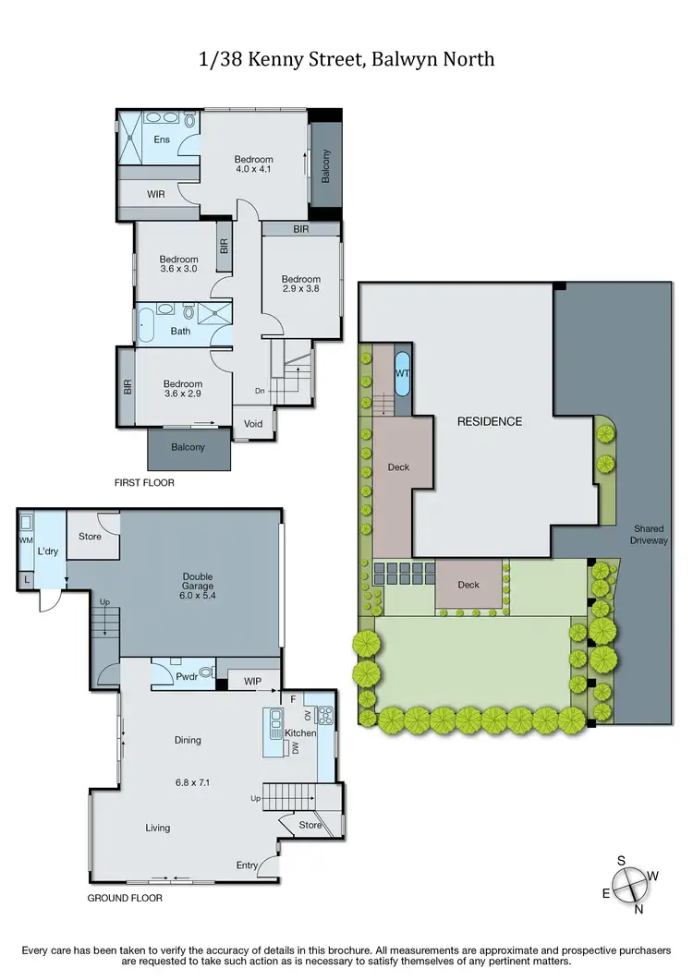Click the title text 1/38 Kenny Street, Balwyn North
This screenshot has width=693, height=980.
pyautogui.click(x=346, y=60)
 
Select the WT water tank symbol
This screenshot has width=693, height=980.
pyautogui.click(x=403, y=373)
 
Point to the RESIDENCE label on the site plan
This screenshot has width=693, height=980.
pyautogui.click(x=490, y=421)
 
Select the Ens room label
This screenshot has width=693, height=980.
pyautogui.click(x=162, y=140)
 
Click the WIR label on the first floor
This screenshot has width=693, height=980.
pyautogui.click(x=157, y=194)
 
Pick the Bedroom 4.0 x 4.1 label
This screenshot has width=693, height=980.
pyautogui.click(x=254, y=164)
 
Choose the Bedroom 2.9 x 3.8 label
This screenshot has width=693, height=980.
pyautogui.click(x=301, y=284)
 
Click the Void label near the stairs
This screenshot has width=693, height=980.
pyautogui.click(x=253, y=424)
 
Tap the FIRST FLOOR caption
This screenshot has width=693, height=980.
pyautogui.click(x=144, y=482)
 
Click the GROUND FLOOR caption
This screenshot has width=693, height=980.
pyautogui.click(x=126, y=897)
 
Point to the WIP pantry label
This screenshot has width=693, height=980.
pyautogui.click(x=251, y=682)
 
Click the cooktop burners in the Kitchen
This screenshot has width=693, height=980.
pyautogui.click(x=324, y=714)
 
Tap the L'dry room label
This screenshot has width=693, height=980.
pyautogui.click(x=48, y=550)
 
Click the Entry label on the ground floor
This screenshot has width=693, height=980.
pyautogui.click(x=248, y=865)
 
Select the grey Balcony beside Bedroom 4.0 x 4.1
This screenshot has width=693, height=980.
pyautogui.click(x=325, y=165)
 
